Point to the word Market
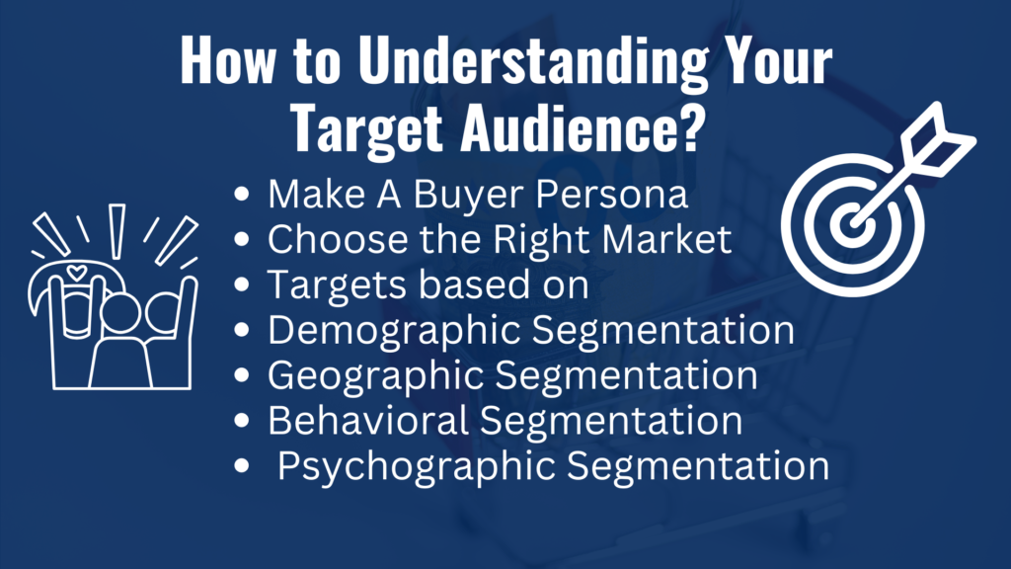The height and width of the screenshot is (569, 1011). [666, 239]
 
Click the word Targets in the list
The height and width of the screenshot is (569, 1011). [338, 285]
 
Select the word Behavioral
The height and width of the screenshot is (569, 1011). [368, 421]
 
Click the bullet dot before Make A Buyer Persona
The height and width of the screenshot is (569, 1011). [242, 195]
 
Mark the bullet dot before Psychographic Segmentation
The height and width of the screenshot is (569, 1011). [242, 465]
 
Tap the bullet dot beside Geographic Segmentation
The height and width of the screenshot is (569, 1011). [242, 374]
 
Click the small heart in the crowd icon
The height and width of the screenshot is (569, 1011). [77, 273]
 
